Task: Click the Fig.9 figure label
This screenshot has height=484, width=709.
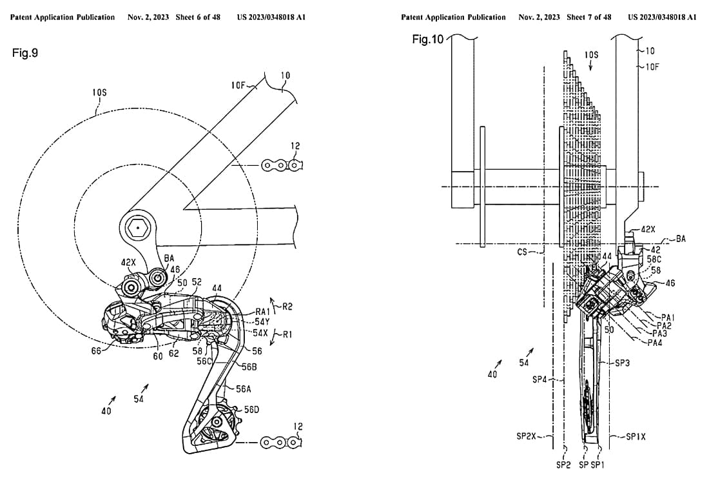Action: pyautogui.click(x=25, y=53)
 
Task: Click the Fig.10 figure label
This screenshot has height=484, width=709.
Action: pyautogui.click(x=428, y=39)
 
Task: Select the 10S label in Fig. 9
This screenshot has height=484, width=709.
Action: pyautogui.click(x=99, y=92)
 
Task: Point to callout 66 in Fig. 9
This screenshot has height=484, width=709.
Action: pyautogui.click(x=96, y=350)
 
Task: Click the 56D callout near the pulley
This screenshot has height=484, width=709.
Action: pyautogui.click(x=252, y=410)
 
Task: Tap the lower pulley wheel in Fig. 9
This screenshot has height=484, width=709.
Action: pyautogui.click(x=217, y=423)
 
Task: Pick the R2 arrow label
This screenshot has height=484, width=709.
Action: pyautogui.click(x=287, y=307)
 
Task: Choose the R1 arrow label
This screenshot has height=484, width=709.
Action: pyautogui.click(x=287, y=334)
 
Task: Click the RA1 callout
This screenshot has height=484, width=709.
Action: pyautogui.click(x=263, y=311)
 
